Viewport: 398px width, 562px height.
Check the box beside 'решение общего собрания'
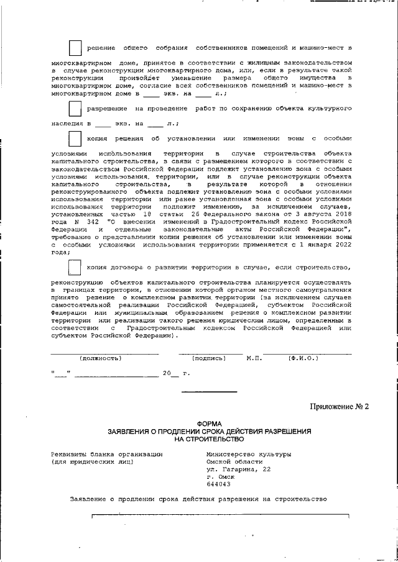point(75,47)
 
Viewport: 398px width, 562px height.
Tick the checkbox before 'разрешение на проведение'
point(75,108)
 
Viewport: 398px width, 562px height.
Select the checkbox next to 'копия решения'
point(75,138)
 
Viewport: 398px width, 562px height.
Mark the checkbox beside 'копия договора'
point(75,268)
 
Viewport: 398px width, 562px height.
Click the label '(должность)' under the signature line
point(100,358)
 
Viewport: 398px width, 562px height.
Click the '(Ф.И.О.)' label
point(303,358)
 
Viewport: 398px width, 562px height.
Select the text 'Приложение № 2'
point(340,407)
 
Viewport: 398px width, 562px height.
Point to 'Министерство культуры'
point(249,454)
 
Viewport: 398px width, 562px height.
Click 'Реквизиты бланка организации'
point(107,454)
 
